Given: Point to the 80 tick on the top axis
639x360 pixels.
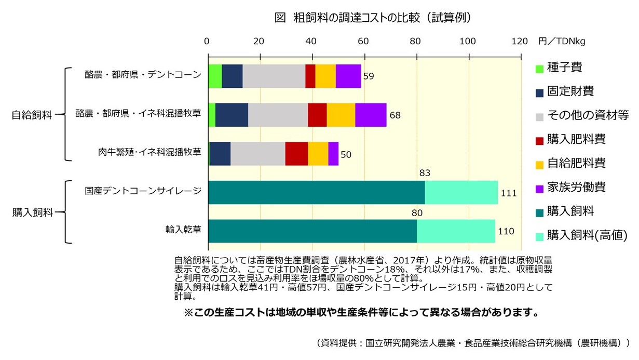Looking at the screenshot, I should [416, 42].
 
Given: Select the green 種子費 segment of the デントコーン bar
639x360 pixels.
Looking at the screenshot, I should [214, 76].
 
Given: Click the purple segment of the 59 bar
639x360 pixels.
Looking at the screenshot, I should [348, 76].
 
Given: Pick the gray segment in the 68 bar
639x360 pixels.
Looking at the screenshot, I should [278, 115].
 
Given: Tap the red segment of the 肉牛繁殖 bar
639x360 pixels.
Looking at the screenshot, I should [296, 153].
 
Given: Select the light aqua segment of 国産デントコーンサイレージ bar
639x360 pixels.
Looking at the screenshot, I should [461, 192].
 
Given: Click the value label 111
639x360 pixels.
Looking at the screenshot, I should [508, 193].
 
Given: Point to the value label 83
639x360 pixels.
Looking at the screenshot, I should [425, 173].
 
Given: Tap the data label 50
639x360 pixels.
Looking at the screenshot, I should [346, 154].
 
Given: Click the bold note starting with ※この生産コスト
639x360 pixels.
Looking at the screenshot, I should [358, 313].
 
